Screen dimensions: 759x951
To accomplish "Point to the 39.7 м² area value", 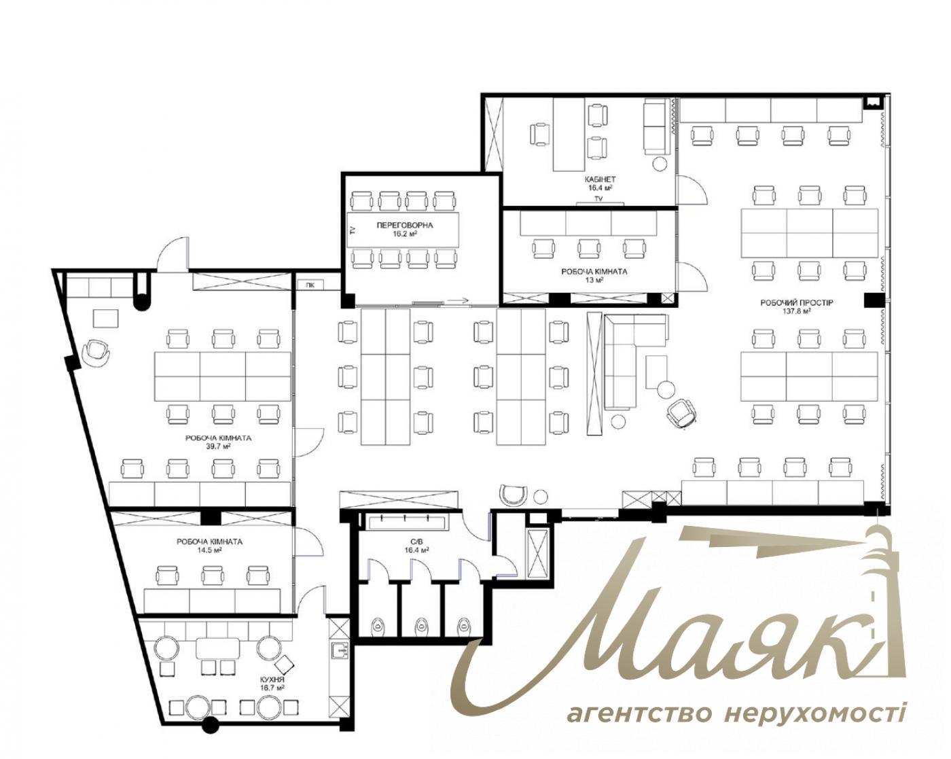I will [218, 447].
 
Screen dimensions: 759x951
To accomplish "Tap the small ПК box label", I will [310, 285].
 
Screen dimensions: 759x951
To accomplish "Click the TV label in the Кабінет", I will [599, 198].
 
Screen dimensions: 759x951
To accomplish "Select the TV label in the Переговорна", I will [352, 230].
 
